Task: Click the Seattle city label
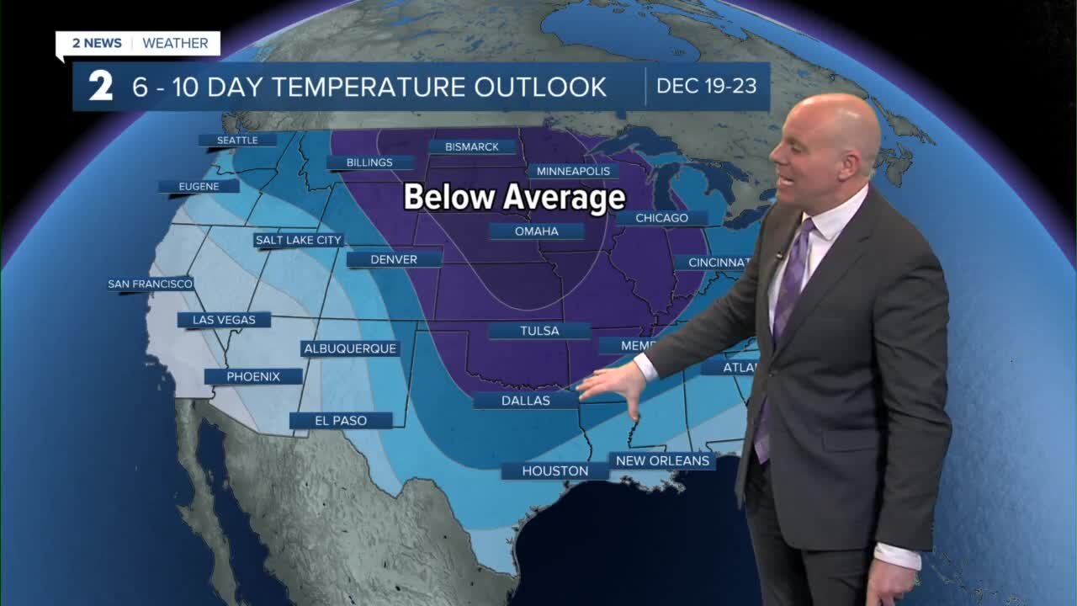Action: [x=237, y=141]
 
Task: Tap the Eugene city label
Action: [x=199, y=187]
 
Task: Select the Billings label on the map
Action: [x=369, y=162]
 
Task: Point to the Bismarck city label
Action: [x=472, y=146]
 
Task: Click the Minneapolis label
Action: [x=574, y=171]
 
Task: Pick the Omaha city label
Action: [x=537, y=231]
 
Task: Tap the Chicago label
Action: [x=662, y=218]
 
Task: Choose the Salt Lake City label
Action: [x=299, y=240]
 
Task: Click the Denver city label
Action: [x=394, y=259]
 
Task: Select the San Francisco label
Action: [x=151, y=284]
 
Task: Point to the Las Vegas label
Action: [x=224, y=320]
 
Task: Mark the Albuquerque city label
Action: [x=350, y=348]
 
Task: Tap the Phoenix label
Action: [x=253, y=376]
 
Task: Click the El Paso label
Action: [x=341, y=420]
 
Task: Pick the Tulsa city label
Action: [x=539, y=331]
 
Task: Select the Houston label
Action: [x=554, y=471]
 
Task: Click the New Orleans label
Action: [x=663, y=460]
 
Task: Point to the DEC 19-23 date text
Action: [x=707, y=87]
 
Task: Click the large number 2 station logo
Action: [x=101, y=87]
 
